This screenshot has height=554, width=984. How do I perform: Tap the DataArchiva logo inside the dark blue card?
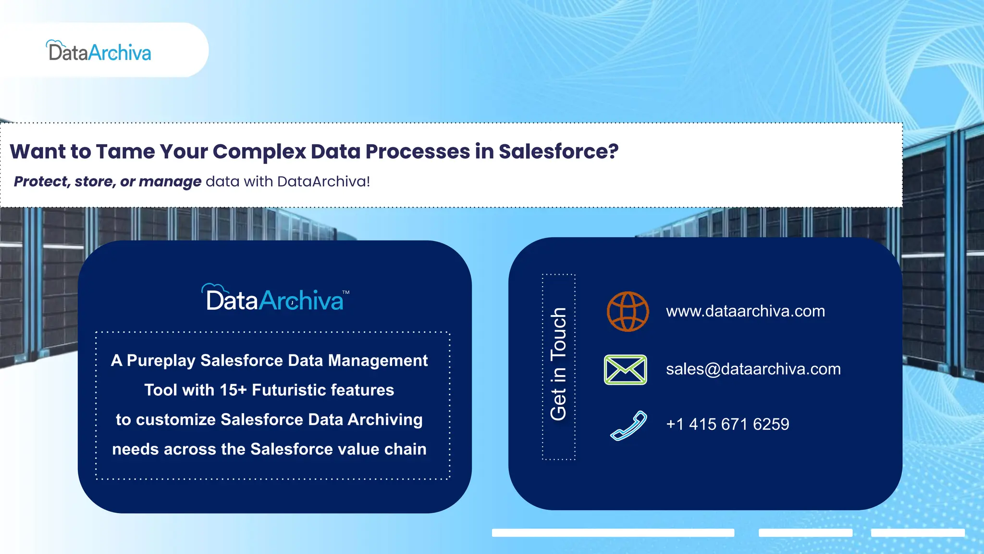pyautogui.click(x=274, y=299)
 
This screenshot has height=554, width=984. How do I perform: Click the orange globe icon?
pyautogui.click(x=627, y=312)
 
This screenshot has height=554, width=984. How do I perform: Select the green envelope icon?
pyautogui.click(x=625, y=369)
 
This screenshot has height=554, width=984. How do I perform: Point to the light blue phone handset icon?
pyautogui.click(x=628, y=425)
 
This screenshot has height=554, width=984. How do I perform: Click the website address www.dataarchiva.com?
pyautogui.click(x=745, y=311)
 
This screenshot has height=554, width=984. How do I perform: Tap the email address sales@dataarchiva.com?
pyautogui.click(x=753, y=369)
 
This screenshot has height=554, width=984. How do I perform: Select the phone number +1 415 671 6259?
pyautogui.click(x=727, y=424)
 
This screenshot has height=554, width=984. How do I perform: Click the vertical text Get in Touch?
pyautogui.click(x=558, y=364)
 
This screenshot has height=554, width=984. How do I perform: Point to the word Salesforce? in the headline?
pyautogui.click(x=558, y=151)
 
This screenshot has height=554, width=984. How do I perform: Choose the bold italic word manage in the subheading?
pyautogui.click(x=170, y=182)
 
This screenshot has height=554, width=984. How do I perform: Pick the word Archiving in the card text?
pyautogui.click(x=385, y=419)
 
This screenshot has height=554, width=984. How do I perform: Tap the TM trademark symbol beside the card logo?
pyautogui.click(x=346, y=292)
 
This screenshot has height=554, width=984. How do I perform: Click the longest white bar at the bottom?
pyautogui.click(x=613, y=532)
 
